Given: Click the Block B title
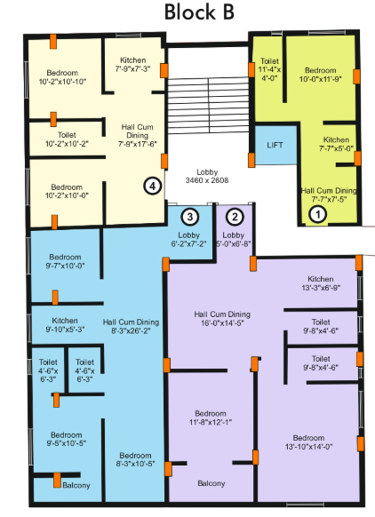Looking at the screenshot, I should pyautogui.click(x=187, y=13).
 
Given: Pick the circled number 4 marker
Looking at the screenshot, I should pyautogui.click(x=153, y=186).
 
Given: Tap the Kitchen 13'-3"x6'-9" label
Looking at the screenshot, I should pyautogui.click(x=321, y=282).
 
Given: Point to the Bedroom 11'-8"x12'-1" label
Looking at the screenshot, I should pyautogui.click(x=211, y=418).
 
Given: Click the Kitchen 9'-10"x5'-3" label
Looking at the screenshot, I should pyautogui.click(x=65, y=324).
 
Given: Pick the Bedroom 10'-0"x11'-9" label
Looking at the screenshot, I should pyautogui.click(x=317, y=73).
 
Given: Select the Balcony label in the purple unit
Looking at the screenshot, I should pyautogui.click(x=211, y=483).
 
